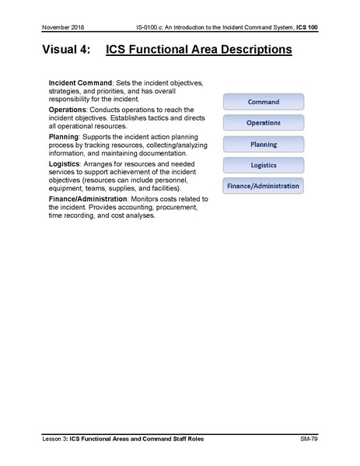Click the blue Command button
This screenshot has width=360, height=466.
pos(264,102)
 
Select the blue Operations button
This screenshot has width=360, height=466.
pos(264,123)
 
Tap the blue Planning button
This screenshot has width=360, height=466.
pos(264,144)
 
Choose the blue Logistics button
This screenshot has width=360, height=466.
pos(264,165)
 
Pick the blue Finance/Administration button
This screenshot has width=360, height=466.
pos(264,186)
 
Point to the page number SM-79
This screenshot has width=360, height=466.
pos(311,440)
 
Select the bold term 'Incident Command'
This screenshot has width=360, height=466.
pos(80,83)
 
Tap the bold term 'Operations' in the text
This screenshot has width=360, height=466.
pos(68,110)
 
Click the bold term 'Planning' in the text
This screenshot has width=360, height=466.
pos(64,136)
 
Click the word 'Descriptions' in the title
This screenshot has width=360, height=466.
pos(249,51)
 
